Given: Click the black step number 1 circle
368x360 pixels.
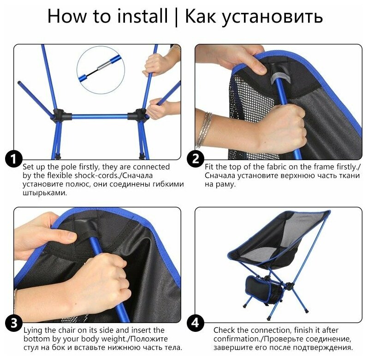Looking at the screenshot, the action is click(14, 159).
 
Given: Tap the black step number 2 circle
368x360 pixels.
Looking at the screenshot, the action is click(196, 159).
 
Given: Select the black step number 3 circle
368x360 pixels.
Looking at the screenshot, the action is click(14, 323).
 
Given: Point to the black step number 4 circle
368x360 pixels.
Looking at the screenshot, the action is click(196, 323).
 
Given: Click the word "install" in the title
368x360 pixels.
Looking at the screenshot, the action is click(142, 16).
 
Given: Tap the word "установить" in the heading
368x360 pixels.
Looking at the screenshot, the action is click(254, 17).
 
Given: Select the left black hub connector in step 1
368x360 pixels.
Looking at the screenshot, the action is click(61, 115).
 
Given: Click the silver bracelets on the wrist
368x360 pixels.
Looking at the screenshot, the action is click(205, 130).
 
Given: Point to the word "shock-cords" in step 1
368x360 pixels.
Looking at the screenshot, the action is click(94, 175).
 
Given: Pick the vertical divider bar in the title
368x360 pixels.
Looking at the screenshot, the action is click(177, 17).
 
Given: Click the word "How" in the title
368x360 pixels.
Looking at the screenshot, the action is click(66, 16).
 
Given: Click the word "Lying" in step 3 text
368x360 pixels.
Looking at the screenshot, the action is click(33, 330).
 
